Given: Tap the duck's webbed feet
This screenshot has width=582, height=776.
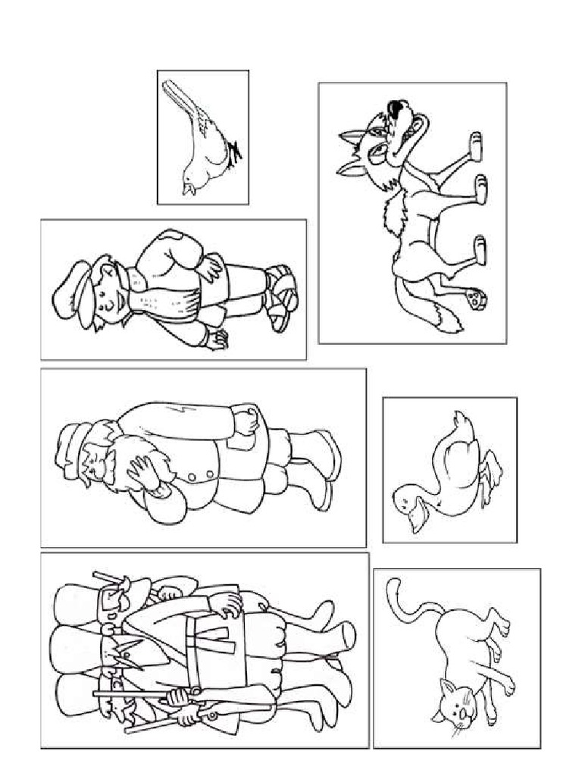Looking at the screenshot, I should (x=493, y=470).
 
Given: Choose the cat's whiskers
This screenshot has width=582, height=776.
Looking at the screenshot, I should (x=459, y=732).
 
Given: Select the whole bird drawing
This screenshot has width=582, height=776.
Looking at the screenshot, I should (x=203, y=138).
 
